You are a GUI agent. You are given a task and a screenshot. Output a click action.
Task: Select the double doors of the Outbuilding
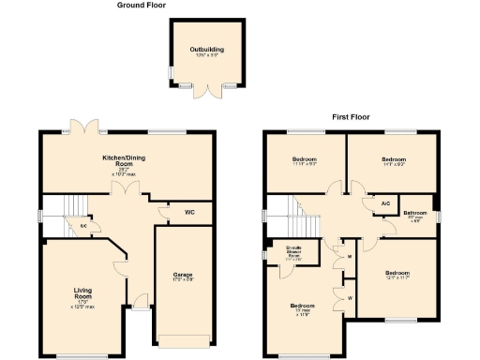point(205,90)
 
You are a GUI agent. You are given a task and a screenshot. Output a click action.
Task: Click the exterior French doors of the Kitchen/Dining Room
point(87,126)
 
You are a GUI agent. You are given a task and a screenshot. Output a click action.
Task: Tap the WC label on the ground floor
point(189,213)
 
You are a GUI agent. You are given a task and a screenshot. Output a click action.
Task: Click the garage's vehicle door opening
point(183,339)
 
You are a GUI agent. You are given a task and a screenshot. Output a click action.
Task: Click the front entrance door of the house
point(141,302)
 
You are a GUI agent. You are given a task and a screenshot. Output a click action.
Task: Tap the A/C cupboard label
point(384,202)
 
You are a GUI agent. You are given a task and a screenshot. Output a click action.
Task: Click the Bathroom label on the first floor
point(415,215)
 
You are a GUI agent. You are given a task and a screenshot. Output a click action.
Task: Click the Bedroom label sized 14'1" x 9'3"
point(391,160)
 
